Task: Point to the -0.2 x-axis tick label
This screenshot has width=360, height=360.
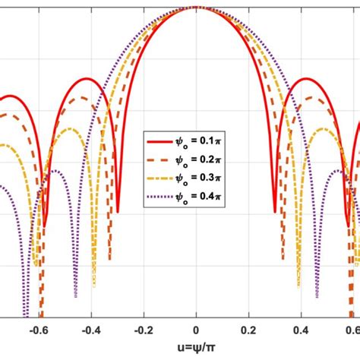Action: coord(141,330)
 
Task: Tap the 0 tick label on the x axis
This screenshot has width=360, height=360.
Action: coord(196,330)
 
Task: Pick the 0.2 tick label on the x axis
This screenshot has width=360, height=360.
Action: coord(248,330)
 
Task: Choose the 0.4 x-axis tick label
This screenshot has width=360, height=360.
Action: coord(301,330)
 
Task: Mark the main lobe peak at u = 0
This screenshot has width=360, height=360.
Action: coord(196,7)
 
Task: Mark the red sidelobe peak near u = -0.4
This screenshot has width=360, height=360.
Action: coord(88,78)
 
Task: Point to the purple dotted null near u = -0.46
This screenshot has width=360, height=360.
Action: coord(75,296)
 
